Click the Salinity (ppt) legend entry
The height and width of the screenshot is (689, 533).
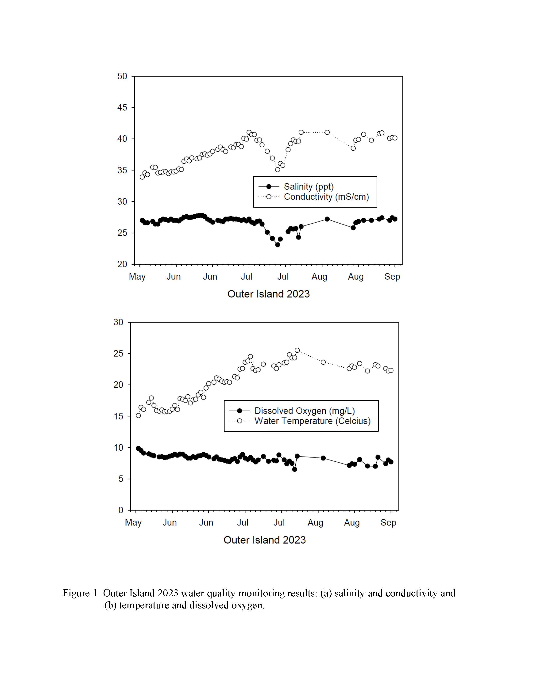click(309, 187)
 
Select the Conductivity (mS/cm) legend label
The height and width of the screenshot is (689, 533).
click(327, 197)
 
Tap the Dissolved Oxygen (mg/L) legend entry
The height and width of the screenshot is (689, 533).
click(305, 411)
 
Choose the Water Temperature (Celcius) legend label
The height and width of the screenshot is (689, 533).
click(313, 421)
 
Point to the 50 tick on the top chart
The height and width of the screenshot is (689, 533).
click(122, 76)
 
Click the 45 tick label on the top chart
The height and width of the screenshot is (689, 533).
click(122, 108)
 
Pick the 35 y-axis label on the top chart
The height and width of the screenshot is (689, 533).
click(122, 170)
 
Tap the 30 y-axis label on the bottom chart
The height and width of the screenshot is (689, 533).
click(118, 322)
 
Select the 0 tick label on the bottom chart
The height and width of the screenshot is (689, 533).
click(121, 510)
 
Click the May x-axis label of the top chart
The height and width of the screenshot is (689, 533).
click(137, 277)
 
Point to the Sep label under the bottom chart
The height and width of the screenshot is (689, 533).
click(388, 523)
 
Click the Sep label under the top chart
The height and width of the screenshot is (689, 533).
click(392, 277)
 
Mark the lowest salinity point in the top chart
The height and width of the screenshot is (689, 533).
click(278, 244)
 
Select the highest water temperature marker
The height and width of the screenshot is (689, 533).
click(297, 350)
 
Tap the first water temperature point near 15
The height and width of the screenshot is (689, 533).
click(138, 415)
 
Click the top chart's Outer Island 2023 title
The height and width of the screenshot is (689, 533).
click(268, 294)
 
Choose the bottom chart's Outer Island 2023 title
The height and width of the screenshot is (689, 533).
click(265, 540)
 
